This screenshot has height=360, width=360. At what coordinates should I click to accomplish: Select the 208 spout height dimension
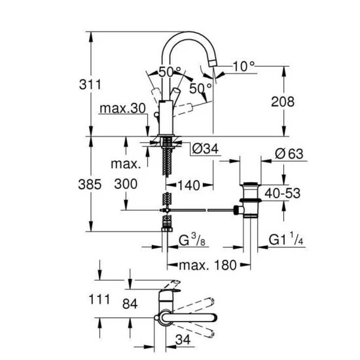pos(282,101)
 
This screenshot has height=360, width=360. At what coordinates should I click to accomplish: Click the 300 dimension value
pos(125,184)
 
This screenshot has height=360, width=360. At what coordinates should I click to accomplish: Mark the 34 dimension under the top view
pos(184,340)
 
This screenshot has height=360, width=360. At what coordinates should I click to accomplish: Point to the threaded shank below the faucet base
pos(168,157)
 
